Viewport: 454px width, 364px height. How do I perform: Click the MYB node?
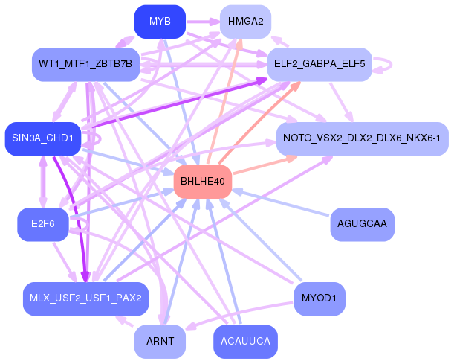pyautogui.click(x=160, y=22)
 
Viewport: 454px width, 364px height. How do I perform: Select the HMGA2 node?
pyautogui.click(x=244, y=22)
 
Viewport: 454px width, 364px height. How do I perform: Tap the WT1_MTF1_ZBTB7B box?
pyautogui.click(x=86, y=65)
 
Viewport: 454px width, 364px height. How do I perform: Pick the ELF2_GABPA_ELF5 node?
pyautogui.click(x=320, y=65)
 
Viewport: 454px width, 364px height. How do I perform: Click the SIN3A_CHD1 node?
pyautogui.click(x=42, y=138)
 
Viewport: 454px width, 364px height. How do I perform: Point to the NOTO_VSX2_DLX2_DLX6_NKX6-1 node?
pyautogui.click(x=362, y=138)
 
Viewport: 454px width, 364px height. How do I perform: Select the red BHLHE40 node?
pyautogui.click(x=202, y=181)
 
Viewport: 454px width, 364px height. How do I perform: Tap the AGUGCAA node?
pyautogui.click(x=362, y=223)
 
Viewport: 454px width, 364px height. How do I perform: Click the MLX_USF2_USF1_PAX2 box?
pyautogui.click(x=86, y=298)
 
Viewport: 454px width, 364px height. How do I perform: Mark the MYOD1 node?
pyautogui.click(x=320, y=298)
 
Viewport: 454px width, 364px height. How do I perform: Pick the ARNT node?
pyautogui.click(x=160, y=341)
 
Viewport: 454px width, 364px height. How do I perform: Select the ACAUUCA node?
pyautogui.click(x=244, y=341)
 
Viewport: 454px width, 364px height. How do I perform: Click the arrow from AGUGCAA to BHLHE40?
pyautogui.click(x=282, y=202)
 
